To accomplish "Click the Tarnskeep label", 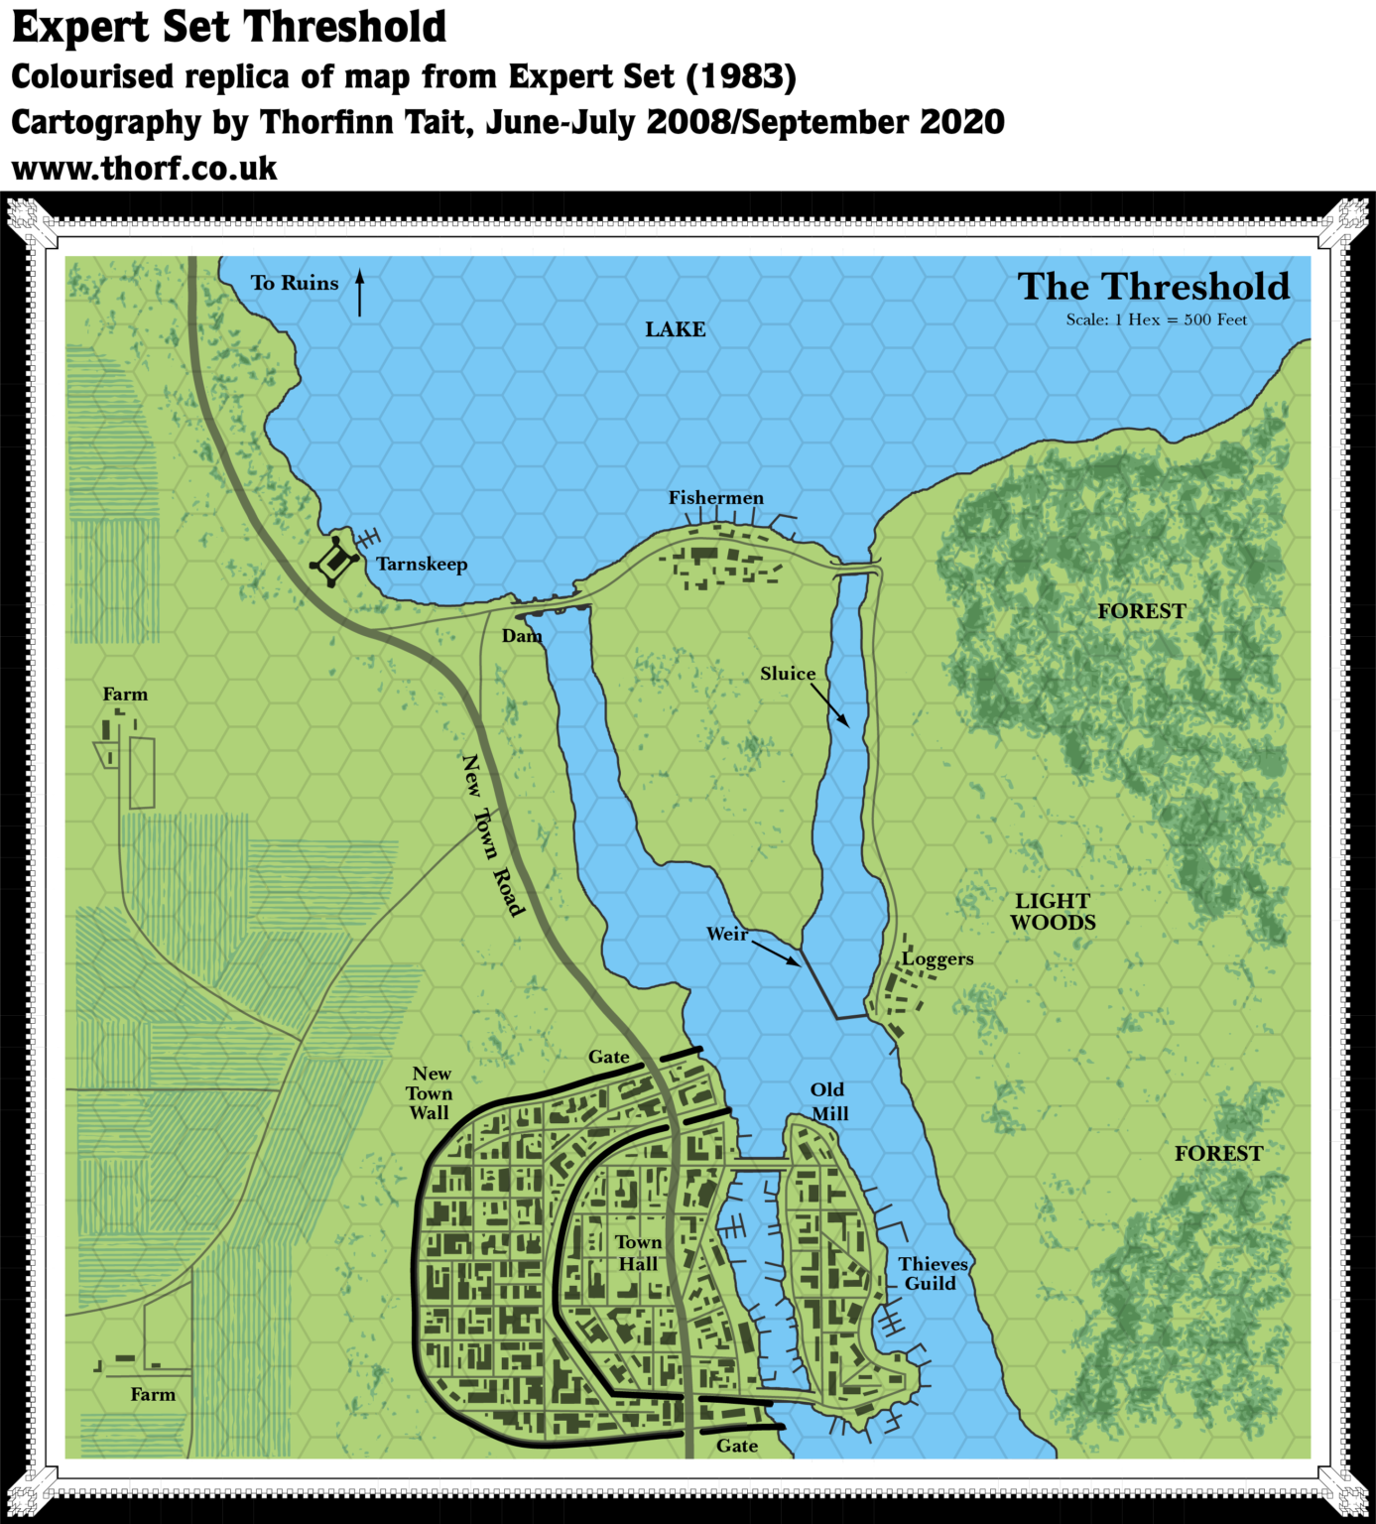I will click(x=422, y=565).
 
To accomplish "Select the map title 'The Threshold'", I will click(x=1153, y=287).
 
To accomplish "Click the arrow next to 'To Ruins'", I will click(x=360, y=293).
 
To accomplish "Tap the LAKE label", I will click(x=675, y=329).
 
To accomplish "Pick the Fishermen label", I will click(x=715, y=498).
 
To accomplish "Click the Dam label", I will click(x=522, y=636).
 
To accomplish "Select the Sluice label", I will click(x=788, y=674).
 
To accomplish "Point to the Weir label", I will click(x=727, y=934).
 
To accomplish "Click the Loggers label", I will click(x=938, y=959).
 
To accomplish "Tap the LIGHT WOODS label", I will click(x=1053, y=912).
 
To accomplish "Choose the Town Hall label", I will click(x=638, y=1253).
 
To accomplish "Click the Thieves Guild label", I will click(x=933, y=1274).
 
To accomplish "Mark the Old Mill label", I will click(x=828, y=1101).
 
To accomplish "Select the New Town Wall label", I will click(x=431, y=1093).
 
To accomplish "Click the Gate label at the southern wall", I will click(x=737, y=1446).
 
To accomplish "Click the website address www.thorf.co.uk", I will click(x=147, y=169).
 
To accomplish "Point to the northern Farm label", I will click(x=125, y=695).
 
